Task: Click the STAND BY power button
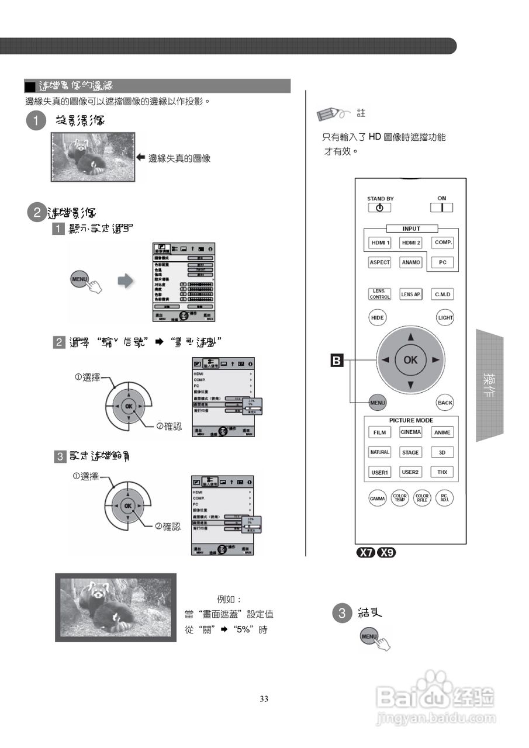point(380,207)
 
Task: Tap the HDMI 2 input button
point(411,243)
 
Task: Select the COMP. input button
point(442,242)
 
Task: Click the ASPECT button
point(379,262)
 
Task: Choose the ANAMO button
point(411,262)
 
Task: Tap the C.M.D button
point(442,295)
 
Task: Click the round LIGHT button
point(445,317)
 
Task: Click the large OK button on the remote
point(410,359)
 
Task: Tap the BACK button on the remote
point(445,403)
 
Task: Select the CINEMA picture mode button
point(411,432)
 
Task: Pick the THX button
point(442,472)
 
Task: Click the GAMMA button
point(378,498)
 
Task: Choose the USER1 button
point(379,472)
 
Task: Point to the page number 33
point(264,699)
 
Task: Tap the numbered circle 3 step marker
point(341,613)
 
